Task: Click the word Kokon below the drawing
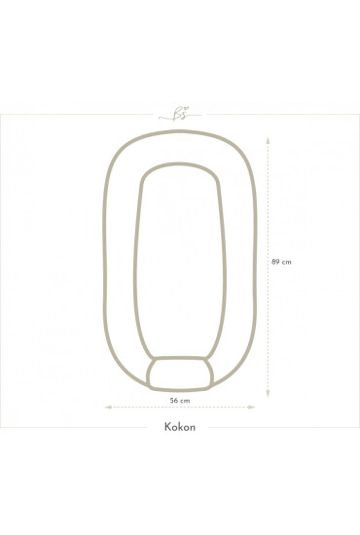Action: pos(180,427)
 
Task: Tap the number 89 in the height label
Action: pos(275,262)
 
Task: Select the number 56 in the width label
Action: pos(174,401)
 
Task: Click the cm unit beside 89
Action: pos(287,262)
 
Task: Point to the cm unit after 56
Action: pos(185,401)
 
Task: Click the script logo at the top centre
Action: pos(180,115)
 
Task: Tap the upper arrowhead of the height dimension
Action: pos(268,140)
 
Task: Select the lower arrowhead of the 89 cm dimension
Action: pos(268,393)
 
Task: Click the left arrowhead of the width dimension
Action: pos(108,407)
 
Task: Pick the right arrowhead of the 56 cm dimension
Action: pos(251,407)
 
